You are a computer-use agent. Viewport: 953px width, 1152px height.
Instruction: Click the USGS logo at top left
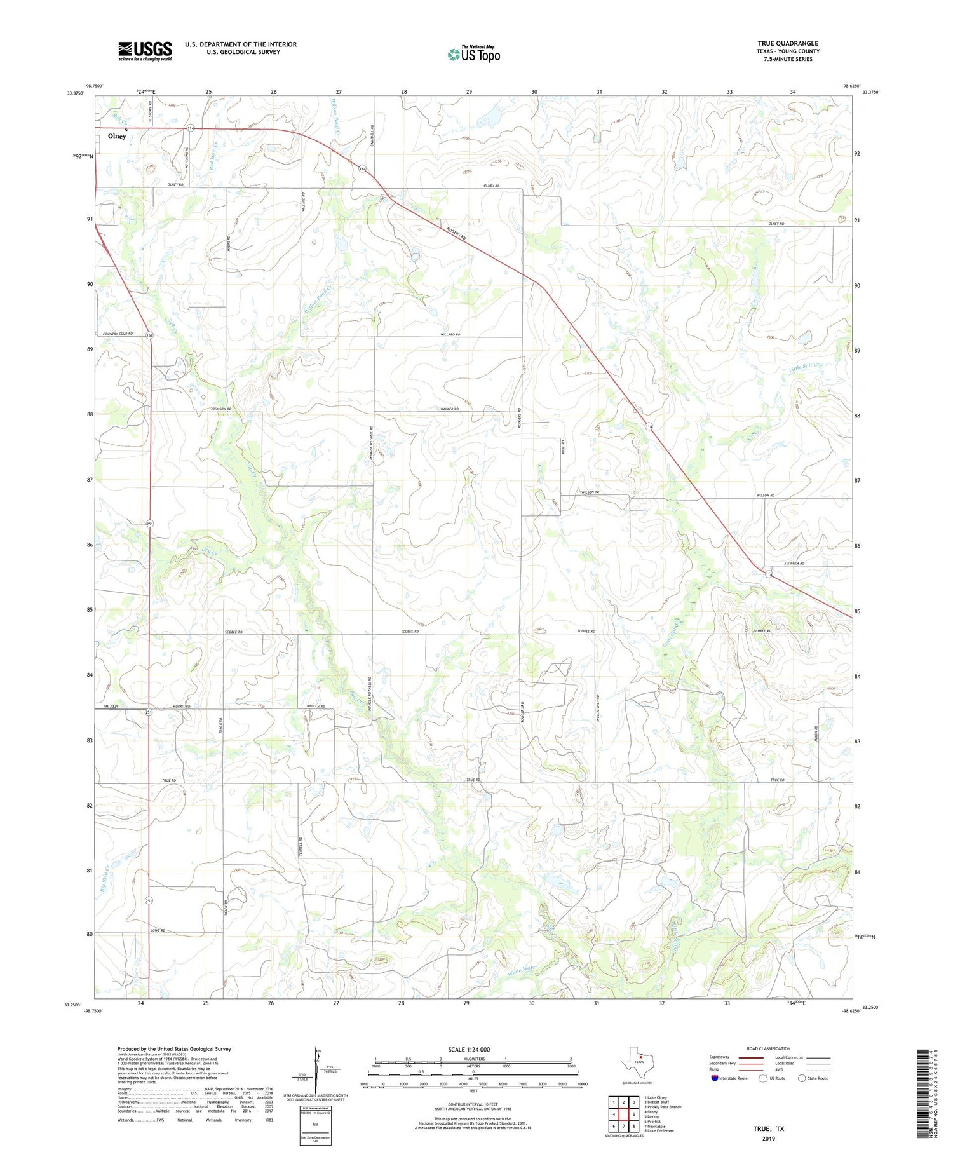pos(145,51)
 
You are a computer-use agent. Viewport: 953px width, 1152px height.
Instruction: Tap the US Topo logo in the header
pos(473,55)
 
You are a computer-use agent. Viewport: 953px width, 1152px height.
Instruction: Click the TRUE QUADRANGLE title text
pos(788,43)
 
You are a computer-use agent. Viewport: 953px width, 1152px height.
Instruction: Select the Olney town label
pos(117,136)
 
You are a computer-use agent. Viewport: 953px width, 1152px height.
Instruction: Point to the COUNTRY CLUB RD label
pos(121,334)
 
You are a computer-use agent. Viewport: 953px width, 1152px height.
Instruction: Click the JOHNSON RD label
pos(221,409)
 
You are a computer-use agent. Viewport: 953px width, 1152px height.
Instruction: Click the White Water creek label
pos(522,970)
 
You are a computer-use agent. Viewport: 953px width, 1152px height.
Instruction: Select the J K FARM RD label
pos(794,564)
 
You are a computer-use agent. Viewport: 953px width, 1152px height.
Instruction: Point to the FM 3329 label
pos(111,707)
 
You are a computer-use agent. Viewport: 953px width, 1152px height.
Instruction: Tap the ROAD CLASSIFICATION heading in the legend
pos(769,1048)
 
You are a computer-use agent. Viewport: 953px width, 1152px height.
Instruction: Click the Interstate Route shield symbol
pos(715,1078)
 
